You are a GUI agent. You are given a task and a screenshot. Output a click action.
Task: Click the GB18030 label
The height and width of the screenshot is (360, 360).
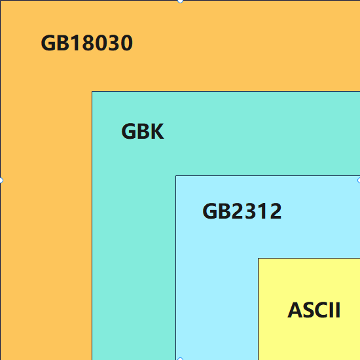(x=86, y=43)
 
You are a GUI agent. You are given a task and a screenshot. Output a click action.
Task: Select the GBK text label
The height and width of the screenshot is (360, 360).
(x=142, y=132)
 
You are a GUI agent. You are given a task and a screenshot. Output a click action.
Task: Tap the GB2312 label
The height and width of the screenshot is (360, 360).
(x=242, y=211)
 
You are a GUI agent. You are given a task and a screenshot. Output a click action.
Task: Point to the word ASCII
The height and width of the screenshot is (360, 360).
(x=314, y=310)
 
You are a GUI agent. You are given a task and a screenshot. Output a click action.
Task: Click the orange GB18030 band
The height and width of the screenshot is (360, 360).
(x=46, y=196)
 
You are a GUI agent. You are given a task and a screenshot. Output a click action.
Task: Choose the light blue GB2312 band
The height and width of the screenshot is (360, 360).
(x=216, y=295)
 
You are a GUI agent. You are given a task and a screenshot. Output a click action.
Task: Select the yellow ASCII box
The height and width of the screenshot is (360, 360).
(x=308, y=340)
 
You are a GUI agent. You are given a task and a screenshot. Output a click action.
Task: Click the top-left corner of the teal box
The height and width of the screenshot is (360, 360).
(x=92, y=92)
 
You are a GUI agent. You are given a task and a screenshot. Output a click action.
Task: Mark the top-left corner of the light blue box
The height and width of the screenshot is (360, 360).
(x=176, y=176)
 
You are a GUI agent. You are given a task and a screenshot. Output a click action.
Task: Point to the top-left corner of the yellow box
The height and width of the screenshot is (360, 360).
(x=259, y=259)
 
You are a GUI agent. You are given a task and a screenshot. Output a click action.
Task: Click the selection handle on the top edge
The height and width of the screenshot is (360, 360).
(x=180, y=1)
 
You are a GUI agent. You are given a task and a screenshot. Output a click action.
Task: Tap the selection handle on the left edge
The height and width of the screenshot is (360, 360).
(x=1, y=180)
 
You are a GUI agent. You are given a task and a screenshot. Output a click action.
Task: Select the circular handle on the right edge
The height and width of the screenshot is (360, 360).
(x=359, y=180)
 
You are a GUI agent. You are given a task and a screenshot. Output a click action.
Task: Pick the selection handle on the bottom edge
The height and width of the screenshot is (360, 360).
(x=180, y=359)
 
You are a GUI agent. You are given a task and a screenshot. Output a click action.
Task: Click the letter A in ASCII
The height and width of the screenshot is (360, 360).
(x=295, y=310)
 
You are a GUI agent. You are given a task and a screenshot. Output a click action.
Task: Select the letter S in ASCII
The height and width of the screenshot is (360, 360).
(x=307, y=310)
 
